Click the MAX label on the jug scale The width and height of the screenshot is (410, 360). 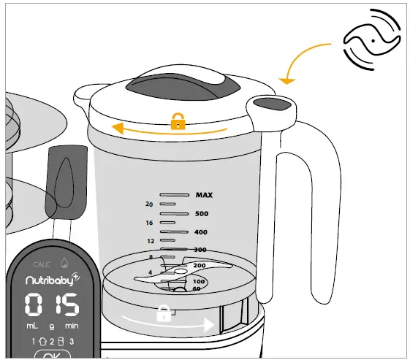point(203,195)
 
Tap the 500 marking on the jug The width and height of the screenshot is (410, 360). point(202,214)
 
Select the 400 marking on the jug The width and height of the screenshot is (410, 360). point(200,232)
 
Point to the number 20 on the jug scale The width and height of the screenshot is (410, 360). point(149,204)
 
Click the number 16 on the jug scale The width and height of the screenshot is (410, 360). point(149,222)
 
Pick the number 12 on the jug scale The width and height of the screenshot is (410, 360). point(151,240)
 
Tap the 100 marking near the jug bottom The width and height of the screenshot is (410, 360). point(198,281)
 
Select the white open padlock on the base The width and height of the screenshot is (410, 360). point(164,315)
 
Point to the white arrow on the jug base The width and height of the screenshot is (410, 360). point(168,322)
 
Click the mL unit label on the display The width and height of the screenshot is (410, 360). point(34,324)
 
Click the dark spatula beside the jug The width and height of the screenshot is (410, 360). point(62,183)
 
